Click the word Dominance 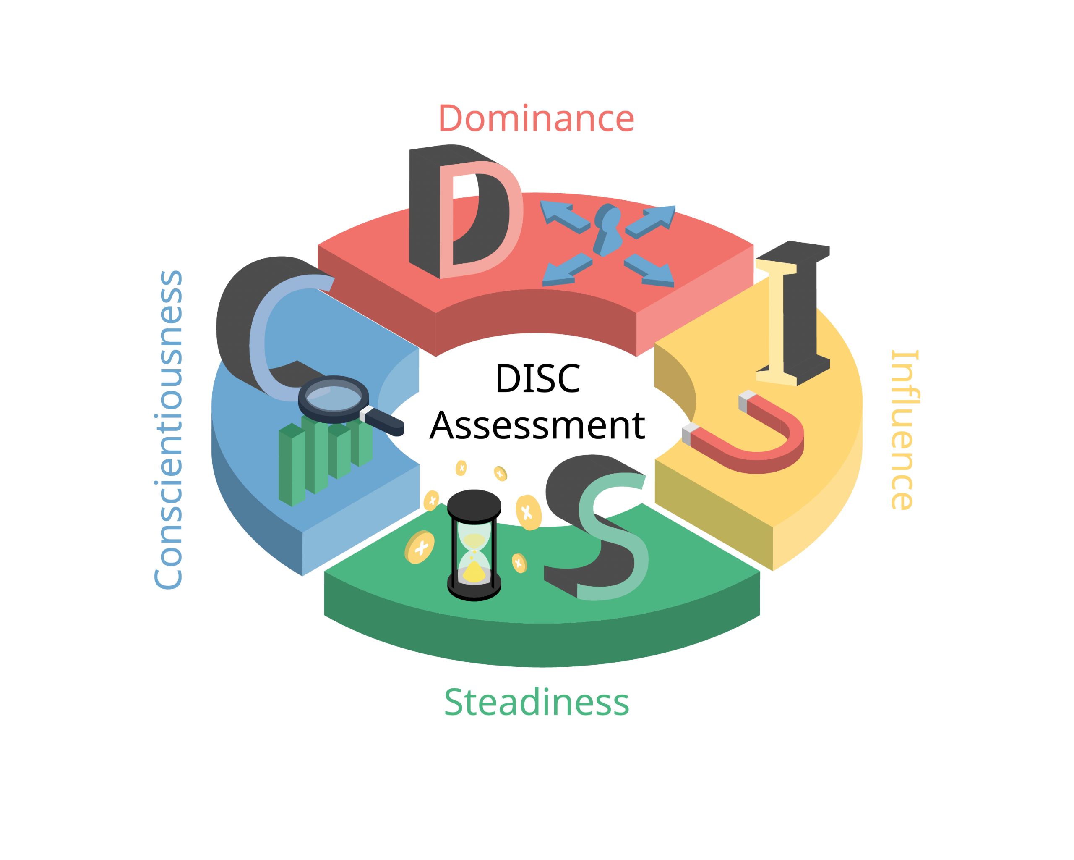click(536, 119)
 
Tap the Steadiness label click(537, 702)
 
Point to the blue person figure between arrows click(607, 229)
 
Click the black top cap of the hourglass click(474, 503)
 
